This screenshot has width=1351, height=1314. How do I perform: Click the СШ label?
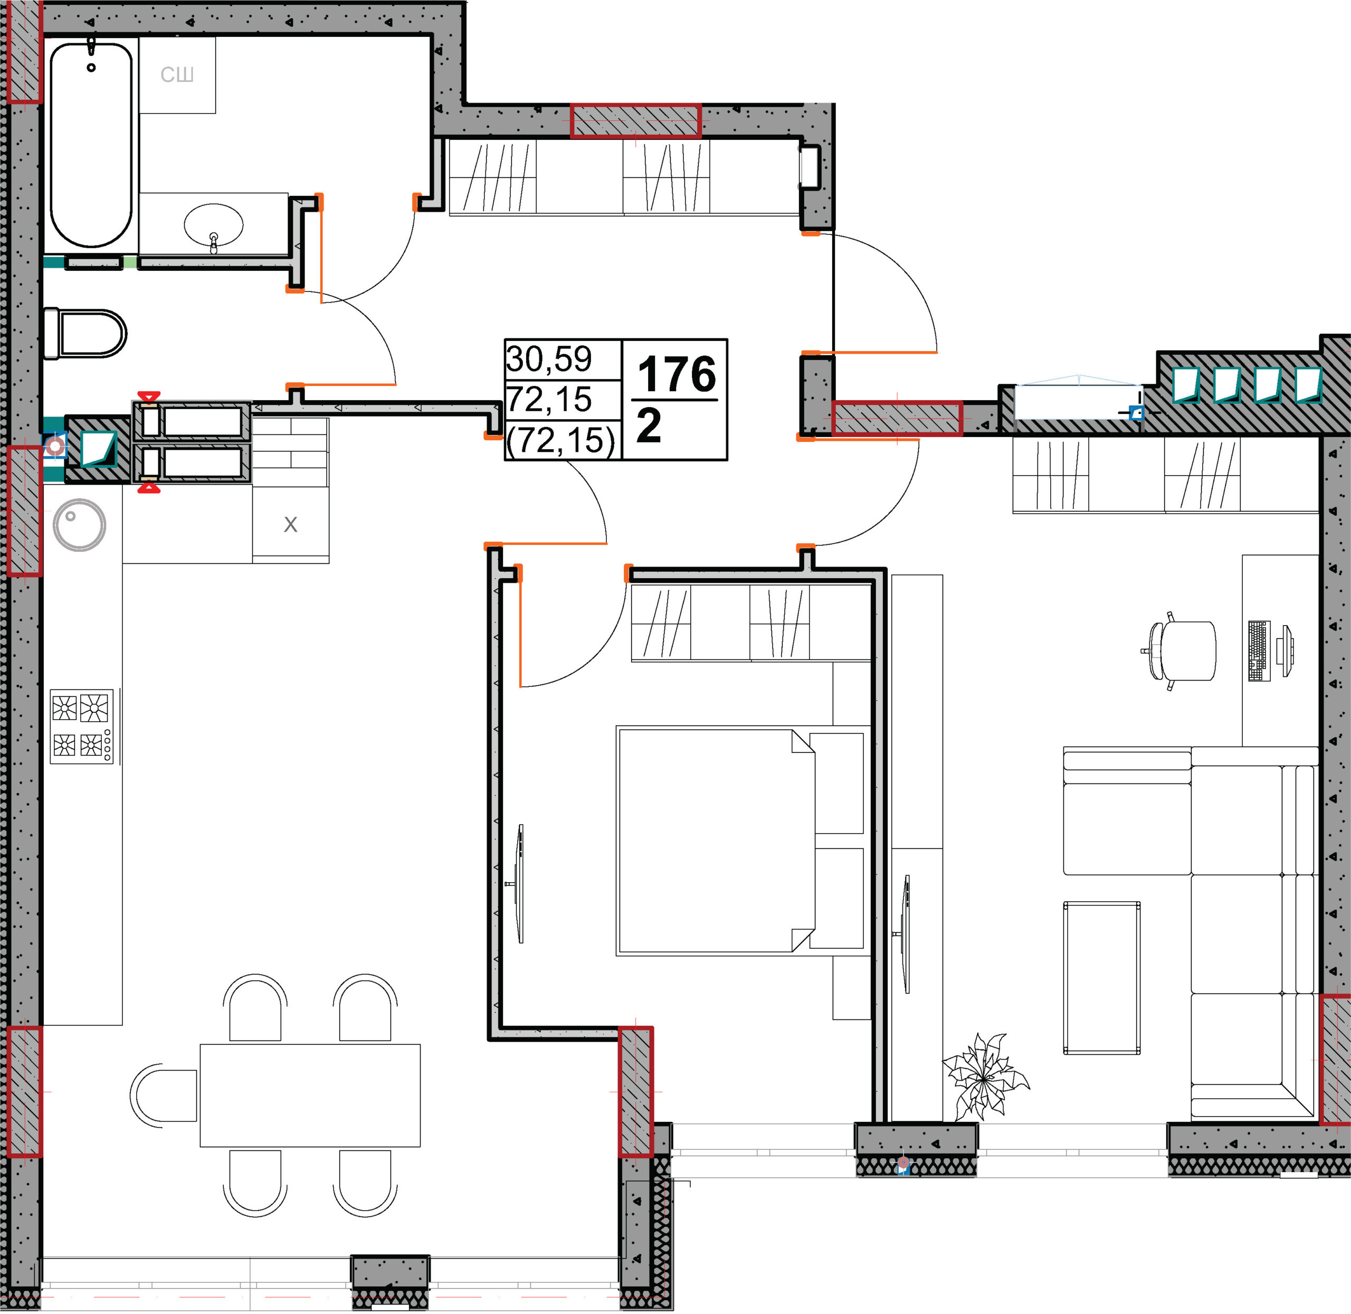177,74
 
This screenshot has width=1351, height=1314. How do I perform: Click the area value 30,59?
549,359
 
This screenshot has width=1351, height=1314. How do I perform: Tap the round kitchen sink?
79,525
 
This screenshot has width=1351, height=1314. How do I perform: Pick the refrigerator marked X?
290,525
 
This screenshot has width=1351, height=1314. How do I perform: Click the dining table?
310,1095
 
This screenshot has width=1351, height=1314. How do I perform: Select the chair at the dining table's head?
164,1095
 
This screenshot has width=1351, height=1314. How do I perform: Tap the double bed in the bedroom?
740,840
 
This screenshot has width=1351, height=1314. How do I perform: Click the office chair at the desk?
1181,651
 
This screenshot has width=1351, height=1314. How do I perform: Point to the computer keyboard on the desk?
1259,651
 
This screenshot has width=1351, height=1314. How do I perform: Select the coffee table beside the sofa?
1101,978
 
